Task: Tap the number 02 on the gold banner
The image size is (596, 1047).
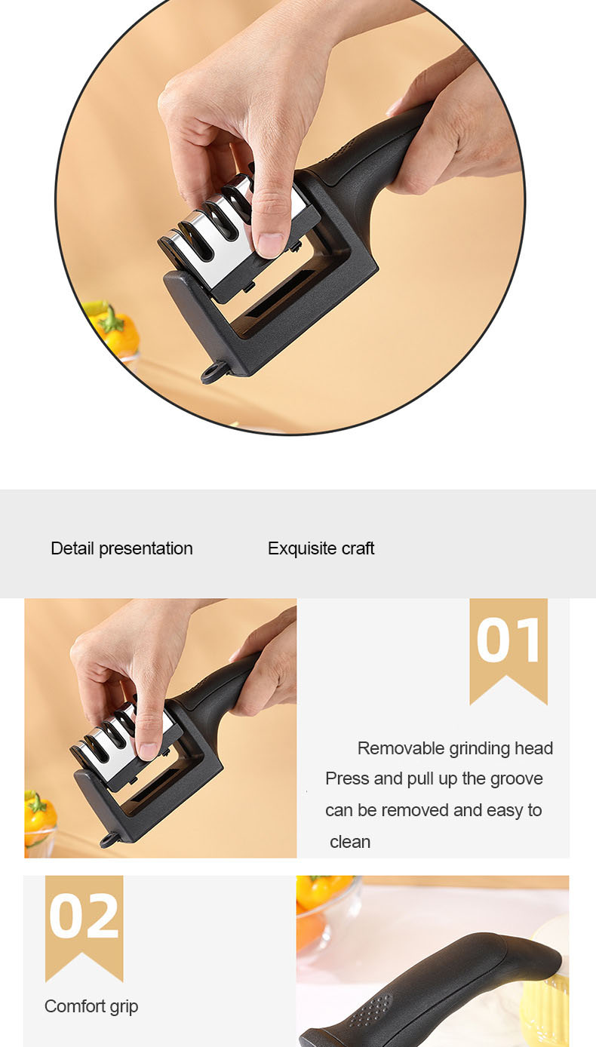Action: coord(84,917)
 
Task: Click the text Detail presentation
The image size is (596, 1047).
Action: coord(121,548)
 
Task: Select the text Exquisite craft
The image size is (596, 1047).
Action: coord(321,548)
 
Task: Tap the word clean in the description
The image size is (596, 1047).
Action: coord(350,842)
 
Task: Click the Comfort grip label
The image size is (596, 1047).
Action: coord(91,1006)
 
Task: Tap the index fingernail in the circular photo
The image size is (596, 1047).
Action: coord(269,245)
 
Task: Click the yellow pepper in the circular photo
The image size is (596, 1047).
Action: coord(115,330)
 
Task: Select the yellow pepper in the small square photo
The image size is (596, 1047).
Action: coord(39,812)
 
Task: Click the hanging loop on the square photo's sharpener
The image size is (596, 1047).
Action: coord(109,840)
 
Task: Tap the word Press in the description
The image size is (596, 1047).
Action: coord(345,778)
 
